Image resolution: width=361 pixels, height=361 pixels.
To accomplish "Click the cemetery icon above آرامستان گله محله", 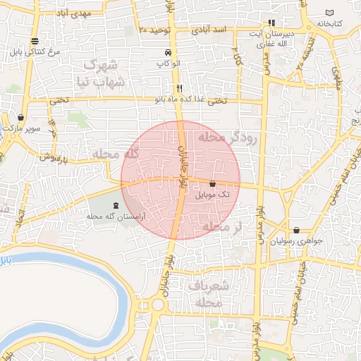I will (116, 205).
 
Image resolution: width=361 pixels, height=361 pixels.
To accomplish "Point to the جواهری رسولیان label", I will (305, 240).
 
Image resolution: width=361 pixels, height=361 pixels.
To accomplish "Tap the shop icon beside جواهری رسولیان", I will (296, 231).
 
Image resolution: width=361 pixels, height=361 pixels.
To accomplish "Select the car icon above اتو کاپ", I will (166, 54).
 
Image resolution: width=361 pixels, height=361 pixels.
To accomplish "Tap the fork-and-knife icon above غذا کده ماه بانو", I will (180, 88).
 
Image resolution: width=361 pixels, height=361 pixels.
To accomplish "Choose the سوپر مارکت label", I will (21, 129).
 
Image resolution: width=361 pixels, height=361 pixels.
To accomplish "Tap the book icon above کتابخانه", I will (331, 13).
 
